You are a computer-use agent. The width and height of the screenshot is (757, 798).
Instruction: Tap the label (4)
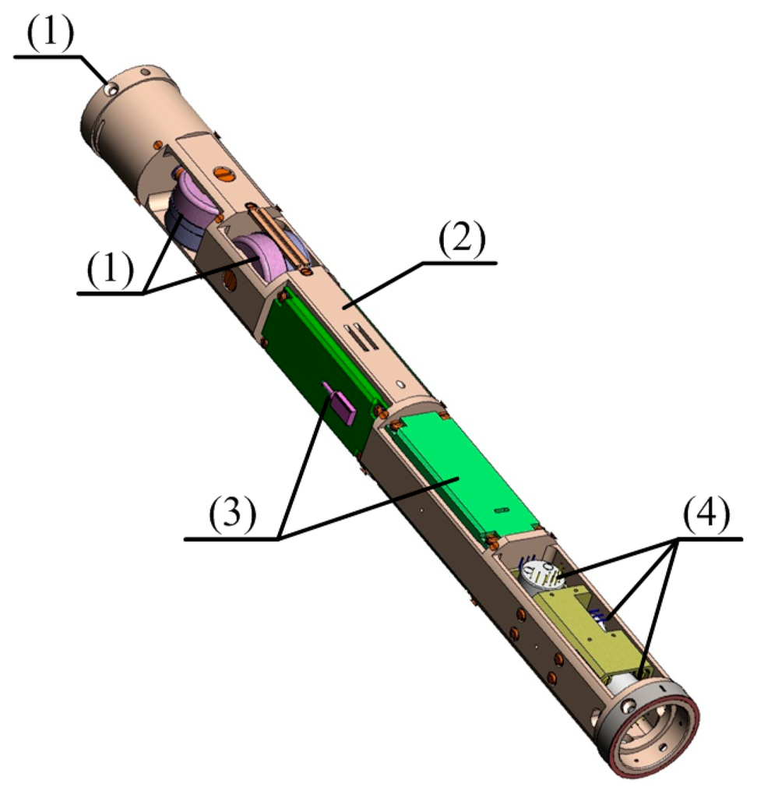coord(706,514)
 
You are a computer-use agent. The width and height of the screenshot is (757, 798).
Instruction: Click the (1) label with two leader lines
coord(110,269)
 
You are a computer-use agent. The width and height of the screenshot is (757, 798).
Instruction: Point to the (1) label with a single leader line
coord(51,33)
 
